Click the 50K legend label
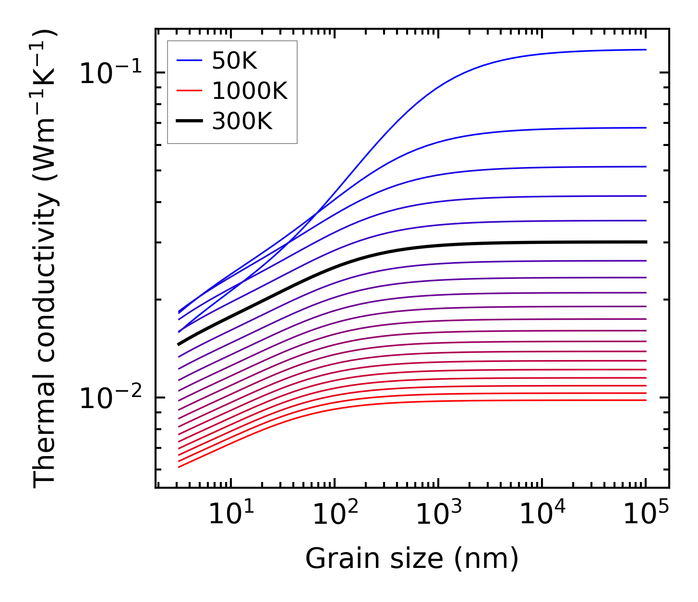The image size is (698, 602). [x=234, y=61]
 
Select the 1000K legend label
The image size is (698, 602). [x=250, y=91]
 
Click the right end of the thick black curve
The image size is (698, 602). [x=646, y=242]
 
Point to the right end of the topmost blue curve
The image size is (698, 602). [x=646, y=49]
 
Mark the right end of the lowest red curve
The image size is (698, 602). [x=646, y=400]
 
